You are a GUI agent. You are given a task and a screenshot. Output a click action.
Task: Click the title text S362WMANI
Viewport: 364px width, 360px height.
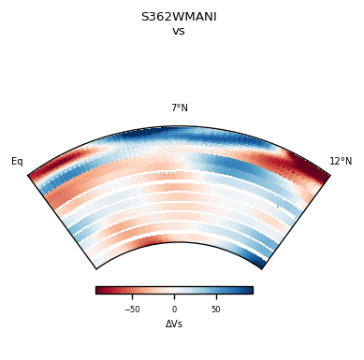(x=179, y=17)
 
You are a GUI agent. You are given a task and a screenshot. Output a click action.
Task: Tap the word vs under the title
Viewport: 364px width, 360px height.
(x=179, y=31)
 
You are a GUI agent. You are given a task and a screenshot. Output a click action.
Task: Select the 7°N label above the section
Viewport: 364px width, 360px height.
(x=179, y=108)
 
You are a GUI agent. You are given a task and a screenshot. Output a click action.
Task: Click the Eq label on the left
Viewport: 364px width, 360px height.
(x=17, y=162)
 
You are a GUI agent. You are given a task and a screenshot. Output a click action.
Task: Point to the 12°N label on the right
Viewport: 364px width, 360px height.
(x=341, y=162)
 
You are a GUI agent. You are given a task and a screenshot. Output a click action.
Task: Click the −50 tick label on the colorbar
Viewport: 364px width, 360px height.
(x=133, y=310)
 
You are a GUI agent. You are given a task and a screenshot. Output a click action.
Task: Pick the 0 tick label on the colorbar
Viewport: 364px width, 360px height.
(x=174, y=310)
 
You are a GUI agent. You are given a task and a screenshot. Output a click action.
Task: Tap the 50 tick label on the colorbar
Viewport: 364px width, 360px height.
(x=215, y=310)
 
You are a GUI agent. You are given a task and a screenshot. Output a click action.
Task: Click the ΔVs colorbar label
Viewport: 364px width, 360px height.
(x=174, y=324)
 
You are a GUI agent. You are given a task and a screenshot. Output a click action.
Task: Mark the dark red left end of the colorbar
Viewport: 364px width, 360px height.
(x=98, y=290)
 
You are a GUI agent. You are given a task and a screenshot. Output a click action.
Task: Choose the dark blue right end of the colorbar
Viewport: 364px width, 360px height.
(x=250, y=290)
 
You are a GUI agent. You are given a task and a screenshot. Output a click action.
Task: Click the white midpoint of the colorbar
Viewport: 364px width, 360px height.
(x=174, y=290)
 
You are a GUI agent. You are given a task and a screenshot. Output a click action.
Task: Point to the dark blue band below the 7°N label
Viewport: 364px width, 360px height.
(x=179, y=135)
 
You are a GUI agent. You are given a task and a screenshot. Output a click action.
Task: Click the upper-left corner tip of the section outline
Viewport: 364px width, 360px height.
(x=28, y=175)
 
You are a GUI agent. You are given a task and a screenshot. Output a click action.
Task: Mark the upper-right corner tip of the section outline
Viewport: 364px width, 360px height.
(x=330, y=175)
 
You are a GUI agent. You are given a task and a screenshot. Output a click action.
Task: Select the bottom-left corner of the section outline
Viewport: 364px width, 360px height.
(x=95, y=269)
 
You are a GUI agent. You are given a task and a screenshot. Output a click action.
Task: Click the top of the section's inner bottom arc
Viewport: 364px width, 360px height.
(x=179, y=243)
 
